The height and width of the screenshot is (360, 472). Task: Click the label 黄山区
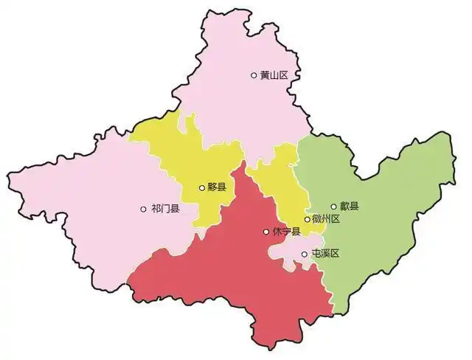pyautogui.click(x=273, y=75)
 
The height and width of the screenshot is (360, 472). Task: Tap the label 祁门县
pyautogui.click(x=164, y=210)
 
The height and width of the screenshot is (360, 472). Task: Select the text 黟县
pyautogui.click(x=216, y=188)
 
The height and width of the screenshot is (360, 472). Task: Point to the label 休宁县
pyautogui.click(x=286, y=232)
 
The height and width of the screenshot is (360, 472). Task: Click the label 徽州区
pyautogui.click(x=325, y=219)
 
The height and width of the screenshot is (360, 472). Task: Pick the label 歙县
pyautogui.click(x=349, y=207)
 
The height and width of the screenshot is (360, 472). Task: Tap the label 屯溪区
pyautogui.click(x=324, y=254)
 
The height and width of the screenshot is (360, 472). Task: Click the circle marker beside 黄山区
pyautogui.click(x=254, y=75)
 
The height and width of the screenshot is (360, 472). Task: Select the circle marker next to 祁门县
pyautogui.click(x=143, y=210)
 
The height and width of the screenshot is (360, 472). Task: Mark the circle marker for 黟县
pyautogui.click(x=201, y=188)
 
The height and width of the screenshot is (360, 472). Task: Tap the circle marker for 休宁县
pyautogui.click(x=266, y=232)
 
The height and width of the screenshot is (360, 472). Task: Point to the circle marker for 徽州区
pyautogui.click(x=307, y=219)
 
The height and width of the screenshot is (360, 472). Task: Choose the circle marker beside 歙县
pyautogui.click(x=333, y=207)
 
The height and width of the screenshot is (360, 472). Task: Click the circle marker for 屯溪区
pyautogui.click(x=305, y=254)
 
